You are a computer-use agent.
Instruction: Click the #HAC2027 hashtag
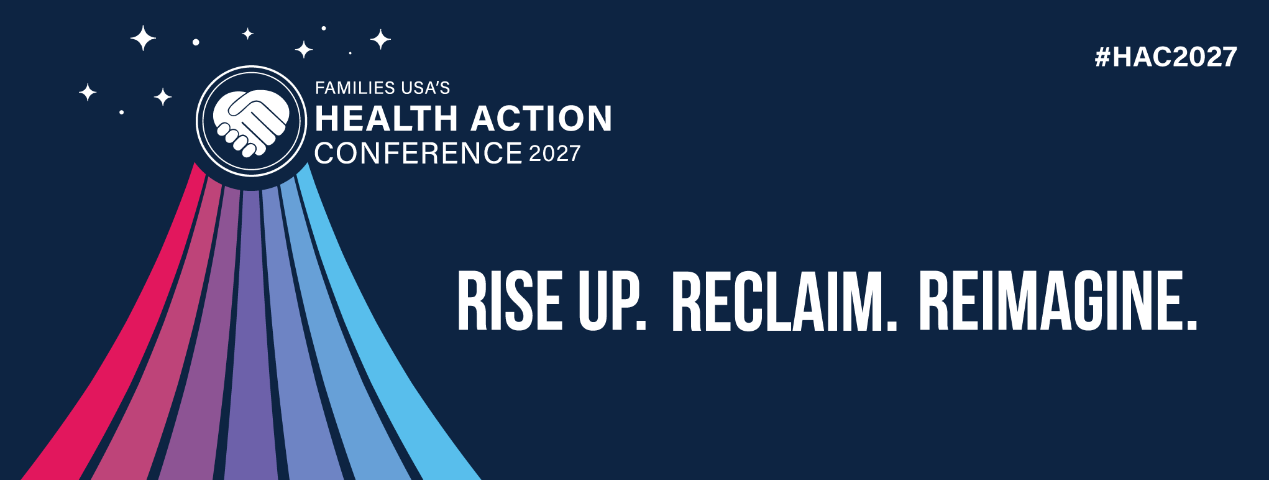(1166, 57)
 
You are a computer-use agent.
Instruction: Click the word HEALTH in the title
(386, 118)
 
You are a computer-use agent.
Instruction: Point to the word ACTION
(541, 118)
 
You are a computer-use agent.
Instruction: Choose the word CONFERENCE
(418, 153)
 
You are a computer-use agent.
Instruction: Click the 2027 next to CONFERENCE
(555, 154)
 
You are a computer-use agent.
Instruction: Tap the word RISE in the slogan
(510, 300)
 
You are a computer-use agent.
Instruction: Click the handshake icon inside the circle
(251, 122)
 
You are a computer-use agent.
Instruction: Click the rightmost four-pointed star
(380, 40)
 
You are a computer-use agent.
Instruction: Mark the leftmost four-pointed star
(88, 93)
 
